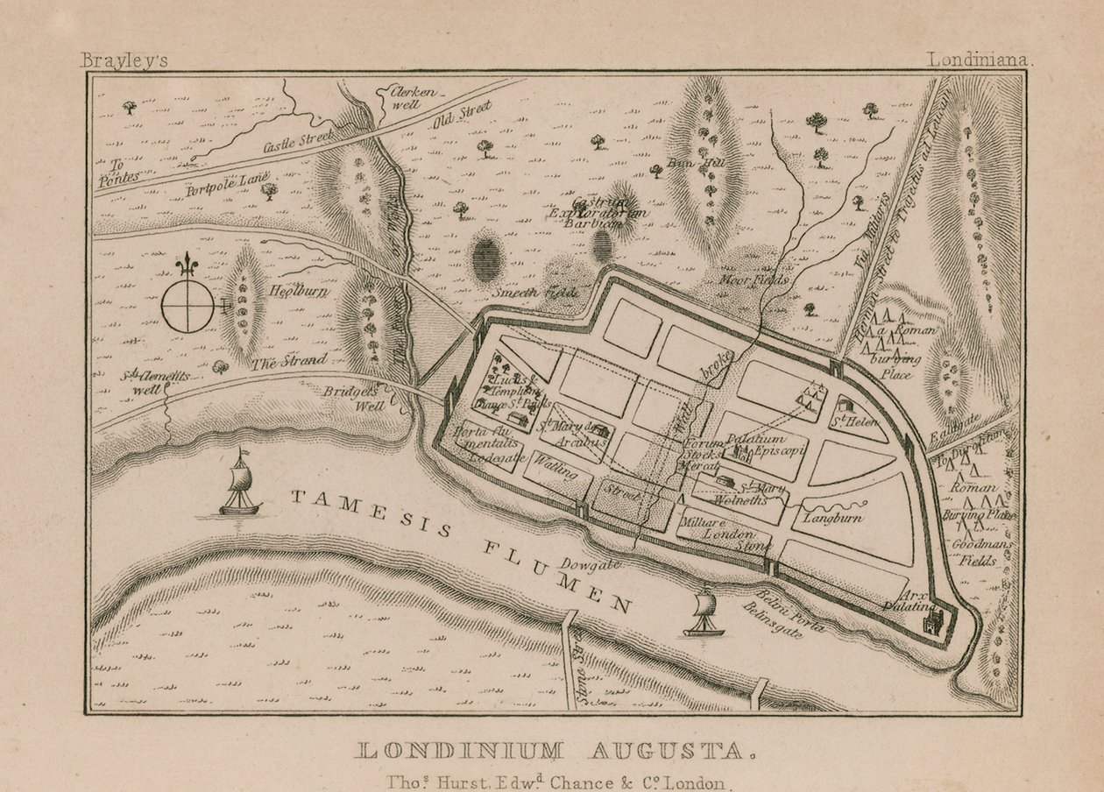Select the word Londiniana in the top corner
point(982,61)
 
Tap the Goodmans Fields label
point(981,553)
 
